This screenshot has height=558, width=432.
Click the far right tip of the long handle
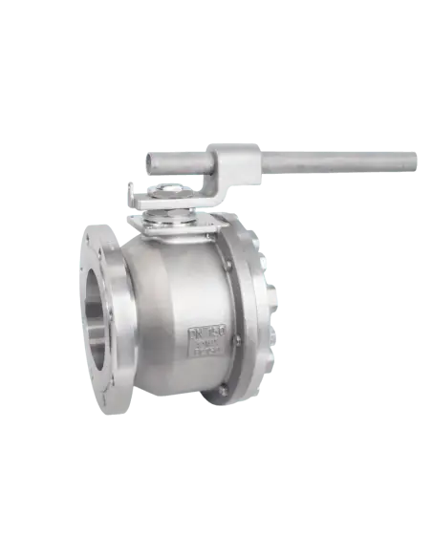pos(417,160)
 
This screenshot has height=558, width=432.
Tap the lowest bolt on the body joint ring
pos(223,390)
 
